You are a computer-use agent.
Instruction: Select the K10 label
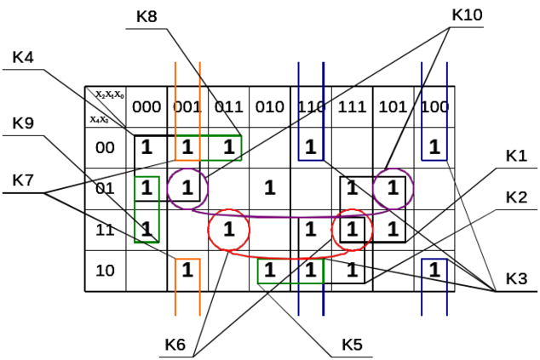(468, 14)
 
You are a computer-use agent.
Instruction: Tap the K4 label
(24, 58)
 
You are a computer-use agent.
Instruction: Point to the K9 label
(24, 123)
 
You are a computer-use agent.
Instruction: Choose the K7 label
(24, 180)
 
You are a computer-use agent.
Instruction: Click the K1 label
(516, 156)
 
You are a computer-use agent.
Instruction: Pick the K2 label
(516, 197)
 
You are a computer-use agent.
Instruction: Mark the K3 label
(516, 278)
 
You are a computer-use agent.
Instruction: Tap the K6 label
(176, 344)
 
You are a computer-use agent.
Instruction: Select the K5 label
(353, 344)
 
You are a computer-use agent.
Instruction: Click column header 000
(146, 107)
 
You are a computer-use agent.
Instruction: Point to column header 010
(270, 107)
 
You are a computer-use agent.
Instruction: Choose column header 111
(352, 107)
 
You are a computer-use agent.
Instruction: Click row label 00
(105, 147)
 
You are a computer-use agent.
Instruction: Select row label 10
(105, 271)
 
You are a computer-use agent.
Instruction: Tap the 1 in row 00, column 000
(146, 146)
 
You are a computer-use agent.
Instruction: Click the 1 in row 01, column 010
(270, 187)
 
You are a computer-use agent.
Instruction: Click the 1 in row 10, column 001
(188, 271)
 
